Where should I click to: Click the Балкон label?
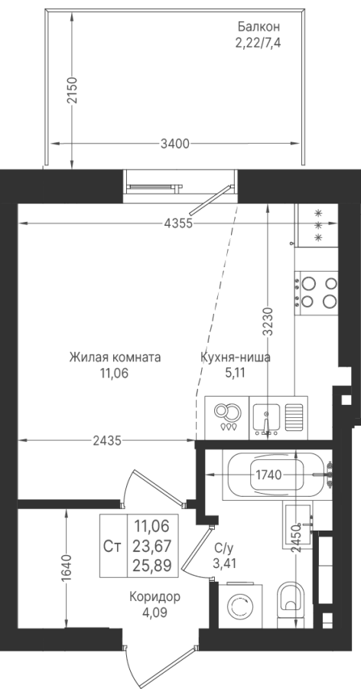pyautogui.click(x=259, y=27)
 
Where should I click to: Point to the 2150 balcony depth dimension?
pyautogui.click(x=72, y=90)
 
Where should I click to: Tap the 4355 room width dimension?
pyautogui.click(x=178, y=224)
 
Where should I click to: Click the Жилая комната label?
pyautogui.click(x=115, y=358)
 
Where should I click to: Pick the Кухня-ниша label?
pyautogui.click(x=236, y=358)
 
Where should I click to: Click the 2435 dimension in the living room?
pyautogui.click(x=107, y=440)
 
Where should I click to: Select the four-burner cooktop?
pyautogui.click(x=317, y=292)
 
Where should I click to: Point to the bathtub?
pyautogui.click(x=277, y=475)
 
